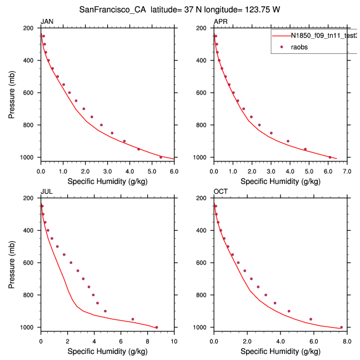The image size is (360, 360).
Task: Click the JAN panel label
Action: point(47,21)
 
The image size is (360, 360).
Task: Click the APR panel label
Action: point(221,21)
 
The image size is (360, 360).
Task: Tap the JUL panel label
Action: point(46,192)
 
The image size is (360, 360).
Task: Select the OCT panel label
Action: point(221,192)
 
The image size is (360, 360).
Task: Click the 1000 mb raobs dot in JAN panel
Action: point(161,157)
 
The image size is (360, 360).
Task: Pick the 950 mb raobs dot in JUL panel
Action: point(132,319)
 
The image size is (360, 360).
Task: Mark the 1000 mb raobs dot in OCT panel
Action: point(341,327)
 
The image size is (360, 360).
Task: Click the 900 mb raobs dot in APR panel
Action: point(288,141)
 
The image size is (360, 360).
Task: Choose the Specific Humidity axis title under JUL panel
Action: point(107,351)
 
